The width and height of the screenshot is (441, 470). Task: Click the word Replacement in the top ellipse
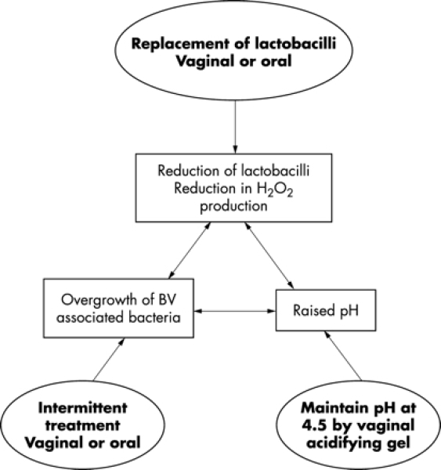coord(181,44)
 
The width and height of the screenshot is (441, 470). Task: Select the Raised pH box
coord(326,310)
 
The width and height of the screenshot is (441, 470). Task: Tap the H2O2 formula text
coord(274,190)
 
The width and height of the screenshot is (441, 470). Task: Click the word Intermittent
coord(83,408)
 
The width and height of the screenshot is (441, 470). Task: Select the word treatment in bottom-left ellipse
coord(83,425)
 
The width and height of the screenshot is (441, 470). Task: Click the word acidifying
coord(345,443)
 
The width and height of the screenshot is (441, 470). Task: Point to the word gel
coord(399,443)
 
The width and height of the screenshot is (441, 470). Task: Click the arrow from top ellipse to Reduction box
coord(235,127)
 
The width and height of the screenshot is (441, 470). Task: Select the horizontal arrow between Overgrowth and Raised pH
coord(235,311)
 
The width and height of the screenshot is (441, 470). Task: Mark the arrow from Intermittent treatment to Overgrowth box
coord(109,360)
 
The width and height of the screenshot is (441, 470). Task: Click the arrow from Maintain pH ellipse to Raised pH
coord(343,356)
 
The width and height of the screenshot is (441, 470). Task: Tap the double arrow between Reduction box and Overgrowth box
coord(190,251)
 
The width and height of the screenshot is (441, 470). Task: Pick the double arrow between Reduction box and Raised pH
coord(269,255)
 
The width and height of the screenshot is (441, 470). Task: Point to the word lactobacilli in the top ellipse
coord(295,44)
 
